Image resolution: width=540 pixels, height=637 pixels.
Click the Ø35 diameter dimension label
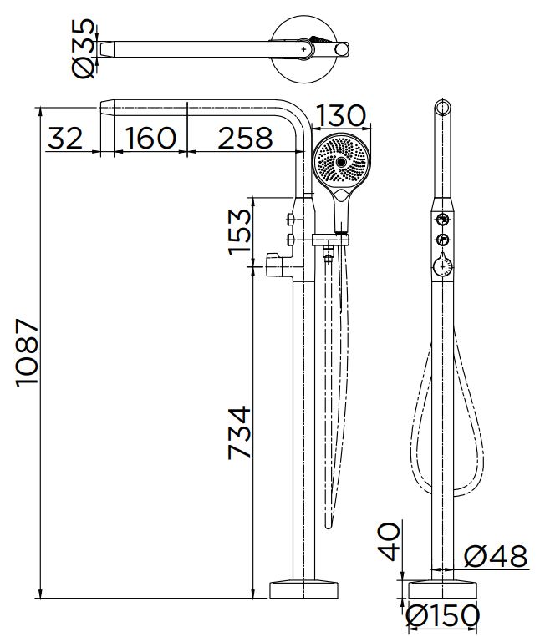(x=84, y=48)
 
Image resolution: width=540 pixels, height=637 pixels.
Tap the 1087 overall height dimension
(x=28, y=352)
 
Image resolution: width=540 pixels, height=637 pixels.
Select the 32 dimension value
(x=65, y=138)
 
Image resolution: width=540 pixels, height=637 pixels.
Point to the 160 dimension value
(x=150, y=138)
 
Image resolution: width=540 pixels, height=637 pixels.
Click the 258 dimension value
(x=245, y=138)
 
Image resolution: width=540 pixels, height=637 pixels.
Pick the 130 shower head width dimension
(x=341, y=115)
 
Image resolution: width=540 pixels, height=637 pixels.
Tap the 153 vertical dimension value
(x=240, y=232)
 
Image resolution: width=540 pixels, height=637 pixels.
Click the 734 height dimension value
(x=240, y=432)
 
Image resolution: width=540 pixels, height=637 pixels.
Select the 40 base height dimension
(x=389, y=542)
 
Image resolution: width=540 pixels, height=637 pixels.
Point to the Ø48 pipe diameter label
(x=496, y=556)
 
